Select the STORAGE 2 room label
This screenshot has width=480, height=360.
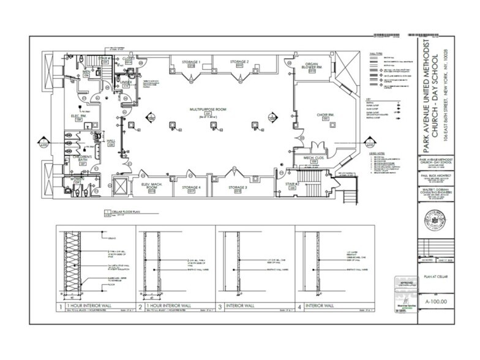click(x=239, y=62)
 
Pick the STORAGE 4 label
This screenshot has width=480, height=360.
click(x=192, y=187)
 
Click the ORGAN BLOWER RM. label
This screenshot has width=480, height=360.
click(x=312, y=65)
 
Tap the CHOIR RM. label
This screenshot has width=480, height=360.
click(x=325, y=115)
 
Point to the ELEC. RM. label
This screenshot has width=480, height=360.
click(x=78, y=116)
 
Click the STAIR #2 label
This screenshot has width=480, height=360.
click(x=291, y=184)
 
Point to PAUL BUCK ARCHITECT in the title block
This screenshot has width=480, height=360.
click(x=435, y=176)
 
